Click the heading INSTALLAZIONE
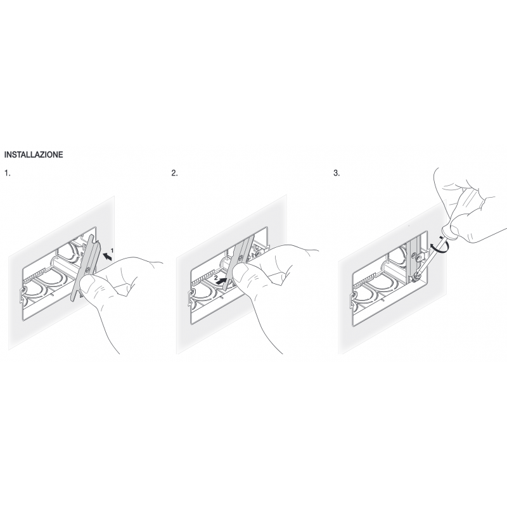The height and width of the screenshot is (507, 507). click(x=34, y=155)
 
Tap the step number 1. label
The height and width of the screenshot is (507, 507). click(x=8, y=173)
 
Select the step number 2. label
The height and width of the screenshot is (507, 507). click(x=175, y=173)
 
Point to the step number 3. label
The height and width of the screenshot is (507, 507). click(x=337, y=173)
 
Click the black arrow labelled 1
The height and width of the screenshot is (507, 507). click(x=108, y=257)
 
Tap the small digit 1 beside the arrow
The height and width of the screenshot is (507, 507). click(x=112, y=250)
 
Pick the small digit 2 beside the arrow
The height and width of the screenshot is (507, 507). click(x=215, y=277)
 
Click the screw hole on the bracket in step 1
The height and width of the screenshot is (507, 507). click(x=87, y=269)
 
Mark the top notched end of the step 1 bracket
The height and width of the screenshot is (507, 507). click(x=93, y=240)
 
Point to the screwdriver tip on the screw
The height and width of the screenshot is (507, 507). click(x=416, y=276)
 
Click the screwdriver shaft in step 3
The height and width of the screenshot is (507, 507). click(x=430, y=257)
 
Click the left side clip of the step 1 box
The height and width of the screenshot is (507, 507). click(x=23, y=294)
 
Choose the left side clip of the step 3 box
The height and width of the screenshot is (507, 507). click(x=353, y=299)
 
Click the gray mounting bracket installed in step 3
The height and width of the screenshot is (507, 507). click(x=414, y=259)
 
